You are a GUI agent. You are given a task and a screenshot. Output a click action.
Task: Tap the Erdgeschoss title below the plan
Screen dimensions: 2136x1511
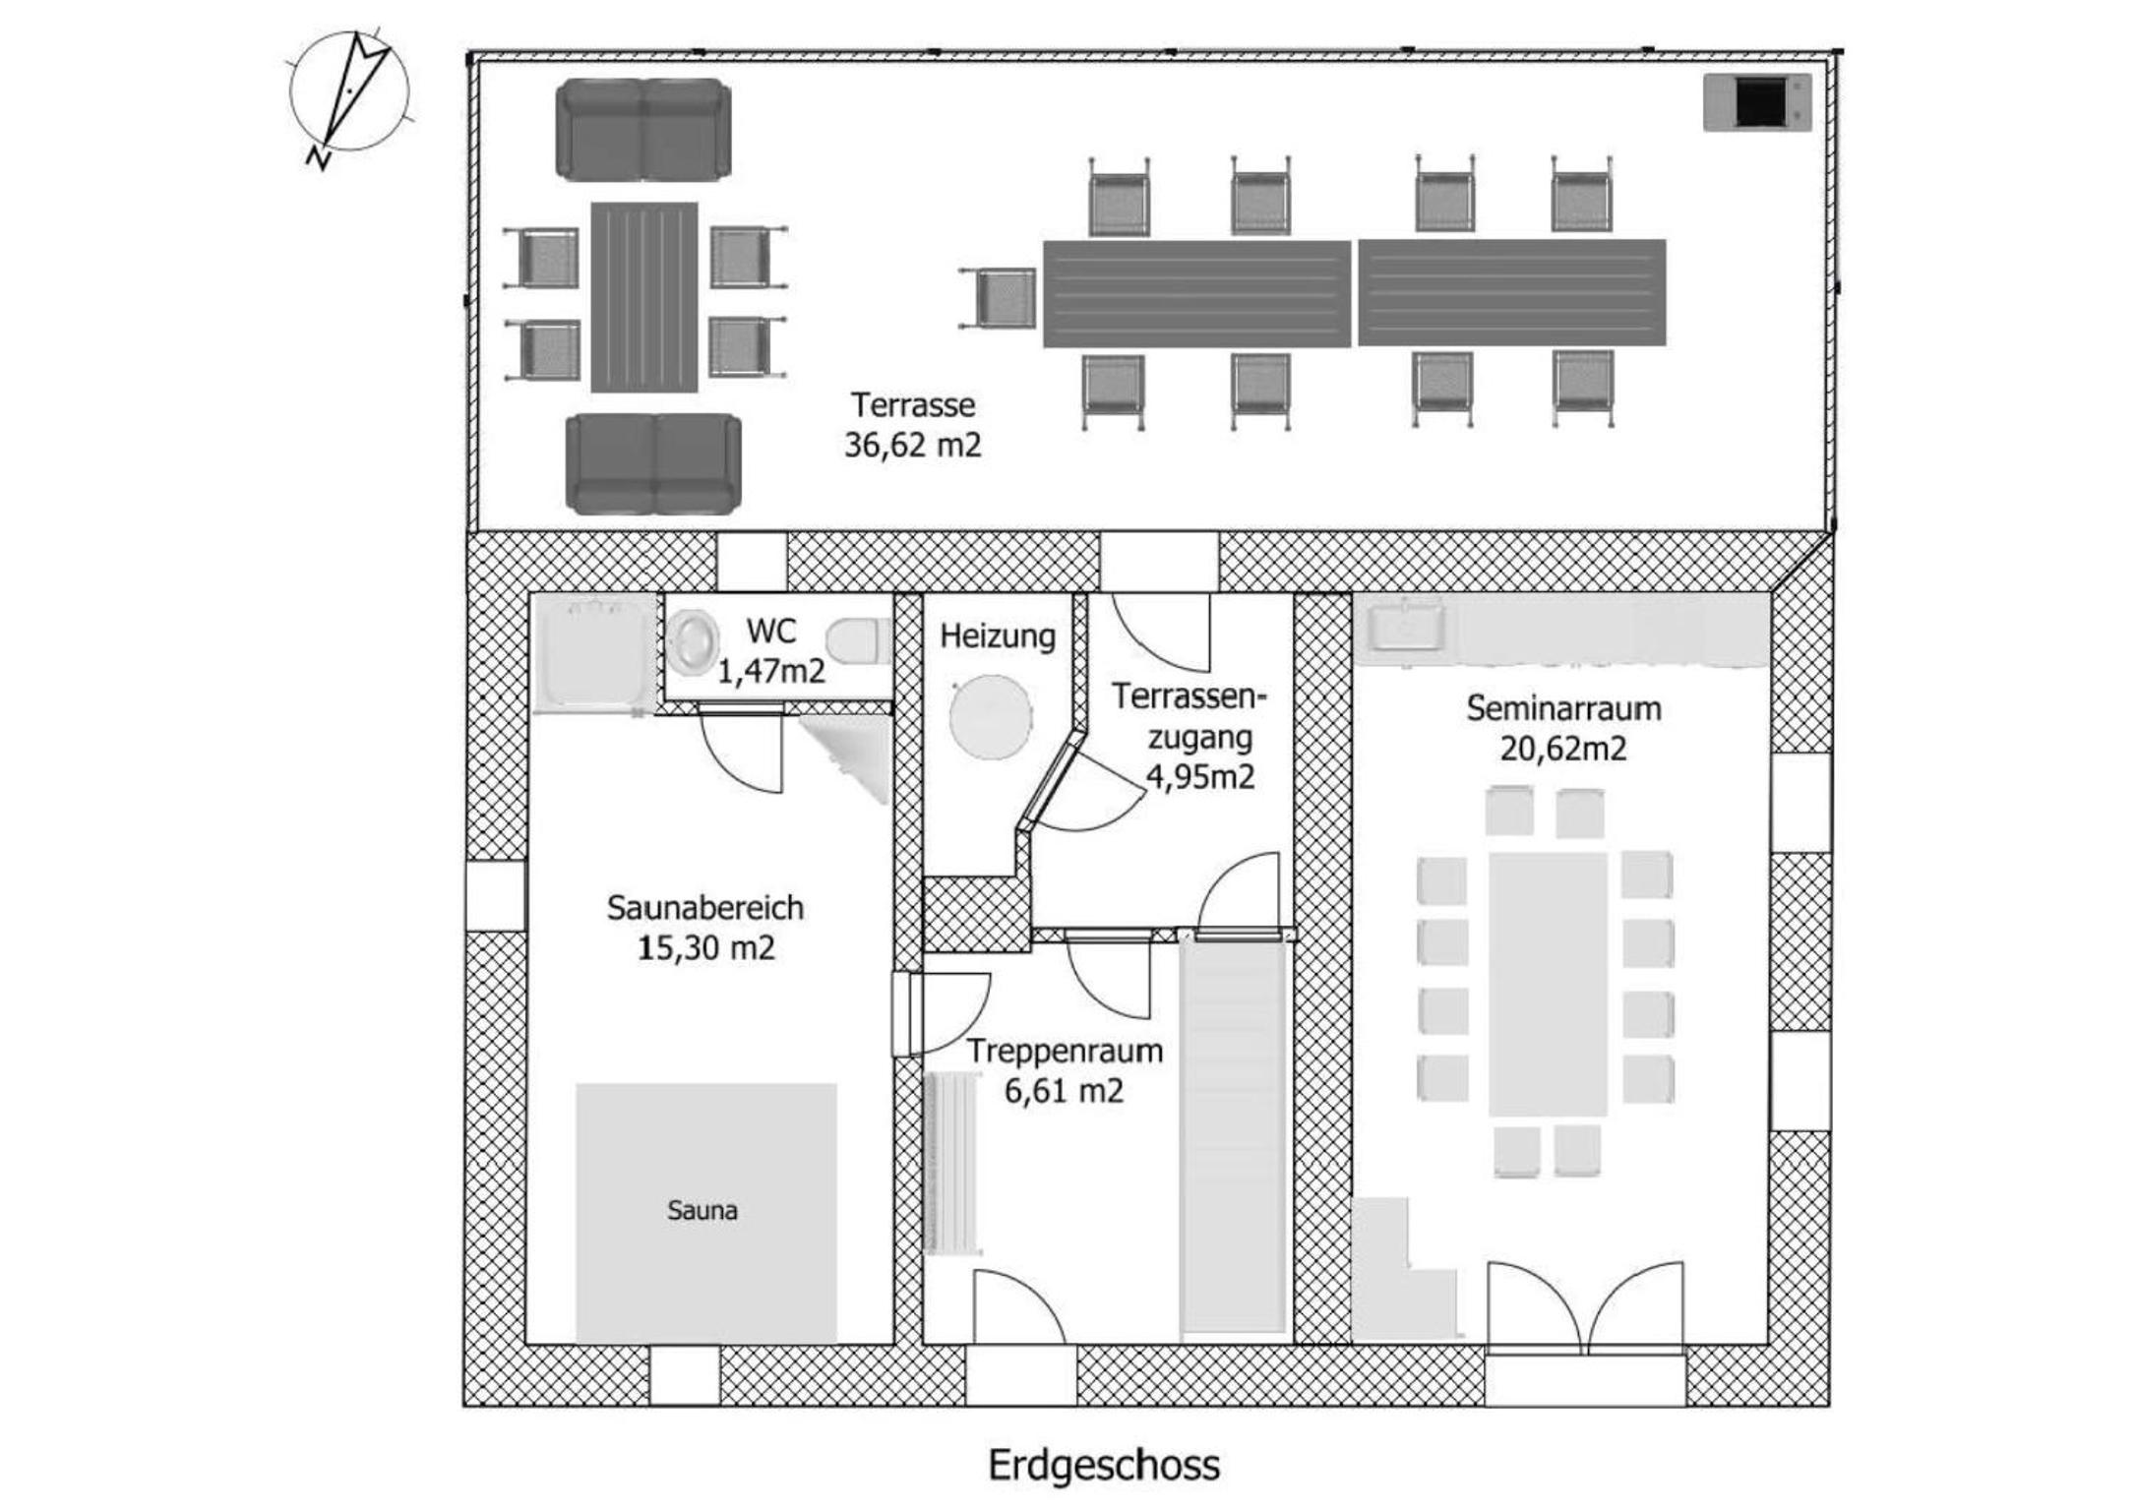tap(1104, 1466)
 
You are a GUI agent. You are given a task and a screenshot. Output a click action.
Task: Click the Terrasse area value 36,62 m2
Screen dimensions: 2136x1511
tap(913, 446)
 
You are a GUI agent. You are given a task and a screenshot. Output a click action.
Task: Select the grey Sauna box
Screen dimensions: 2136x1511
tap(706, 1213)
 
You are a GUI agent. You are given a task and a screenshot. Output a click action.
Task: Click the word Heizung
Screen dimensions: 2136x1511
tap(998, 636)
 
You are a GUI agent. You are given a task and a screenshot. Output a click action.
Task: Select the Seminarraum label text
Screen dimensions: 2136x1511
tap(1563, 708)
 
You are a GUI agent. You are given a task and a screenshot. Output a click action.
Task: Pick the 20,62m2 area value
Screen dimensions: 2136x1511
tap(1563, 749)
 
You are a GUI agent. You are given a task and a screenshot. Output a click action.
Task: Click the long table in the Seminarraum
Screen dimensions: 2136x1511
tap(1548, 984)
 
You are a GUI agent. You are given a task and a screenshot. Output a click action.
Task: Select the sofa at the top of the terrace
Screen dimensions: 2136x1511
tap(644, 131)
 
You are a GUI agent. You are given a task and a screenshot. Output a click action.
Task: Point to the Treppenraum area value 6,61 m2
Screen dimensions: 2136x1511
tap(1064, 1091)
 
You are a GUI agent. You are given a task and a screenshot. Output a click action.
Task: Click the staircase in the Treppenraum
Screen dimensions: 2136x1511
tap(1234, 1136)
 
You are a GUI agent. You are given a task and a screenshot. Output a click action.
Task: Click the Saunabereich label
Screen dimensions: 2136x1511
tap(705, 907)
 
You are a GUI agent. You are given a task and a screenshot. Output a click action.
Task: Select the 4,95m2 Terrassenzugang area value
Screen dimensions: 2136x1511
tap(1200, 777)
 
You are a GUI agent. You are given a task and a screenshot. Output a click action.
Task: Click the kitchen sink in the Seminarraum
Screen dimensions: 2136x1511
tap(1408, 627)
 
